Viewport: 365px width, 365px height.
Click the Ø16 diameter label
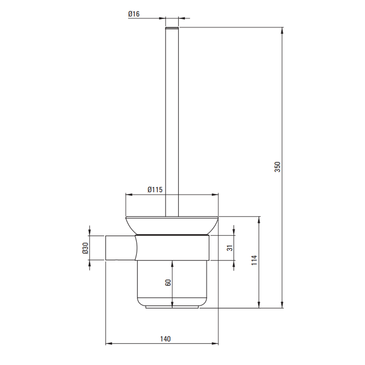(x=134, y=14)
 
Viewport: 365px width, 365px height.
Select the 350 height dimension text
(x=277, y=167)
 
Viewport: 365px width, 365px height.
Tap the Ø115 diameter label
(x=155, y=189)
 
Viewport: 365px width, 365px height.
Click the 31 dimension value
(x=230, y=248)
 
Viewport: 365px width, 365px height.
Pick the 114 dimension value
(x=255, y=260)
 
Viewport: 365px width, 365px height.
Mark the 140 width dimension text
(x=165, y=339)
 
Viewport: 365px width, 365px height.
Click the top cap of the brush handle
(x=172, y=28)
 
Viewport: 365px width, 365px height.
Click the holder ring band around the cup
(x=172, y=248)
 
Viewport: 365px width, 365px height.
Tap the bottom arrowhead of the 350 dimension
(x=282, y=305)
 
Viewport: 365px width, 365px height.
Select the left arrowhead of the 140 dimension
(x=108, y=343)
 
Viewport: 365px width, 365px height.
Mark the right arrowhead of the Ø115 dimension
(x=216, y=194)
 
